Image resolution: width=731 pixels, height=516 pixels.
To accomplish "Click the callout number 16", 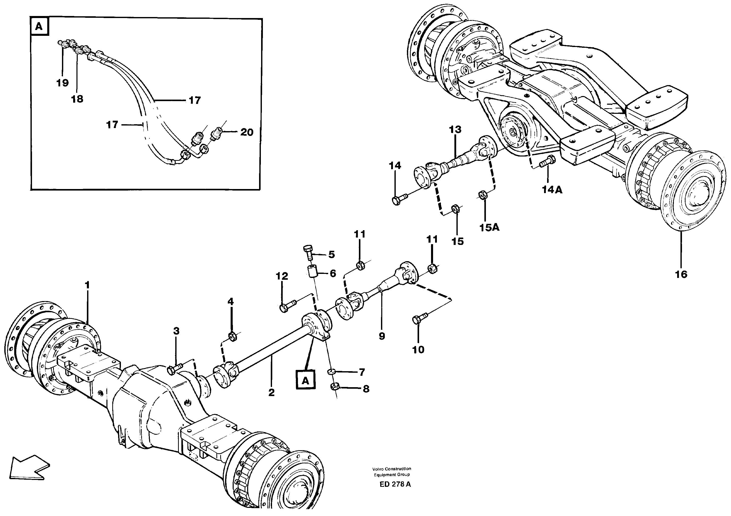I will coord(681,274).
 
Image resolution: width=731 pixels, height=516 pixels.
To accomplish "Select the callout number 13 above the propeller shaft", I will coord(455,130).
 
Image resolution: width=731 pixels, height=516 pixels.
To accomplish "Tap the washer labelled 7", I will coord(331,371).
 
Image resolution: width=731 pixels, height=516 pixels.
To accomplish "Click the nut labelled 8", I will coord(334,387).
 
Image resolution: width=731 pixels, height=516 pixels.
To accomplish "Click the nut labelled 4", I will coord(232,337).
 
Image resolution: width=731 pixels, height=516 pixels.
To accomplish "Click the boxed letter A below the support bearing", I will coord(305,380).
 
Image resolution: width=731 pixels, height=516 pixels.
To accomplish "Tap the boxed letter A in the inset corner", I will coord(39,26).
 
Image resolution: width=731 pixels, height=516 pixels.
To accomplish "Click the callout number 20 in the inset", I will coord(246,132).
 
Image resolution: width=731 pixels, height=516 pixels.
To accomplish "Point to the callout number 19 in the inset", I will coord(62,83).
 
